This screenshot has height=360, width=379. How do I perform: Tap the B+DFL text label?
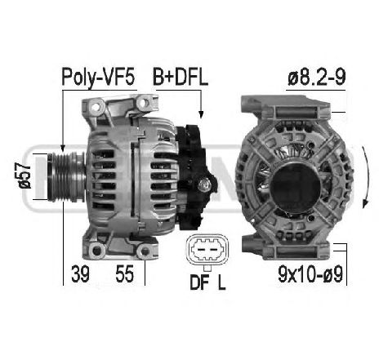(x=181, y=78)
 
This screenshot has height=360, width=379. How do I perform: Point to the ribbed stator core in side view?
(x=136, y=175)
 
